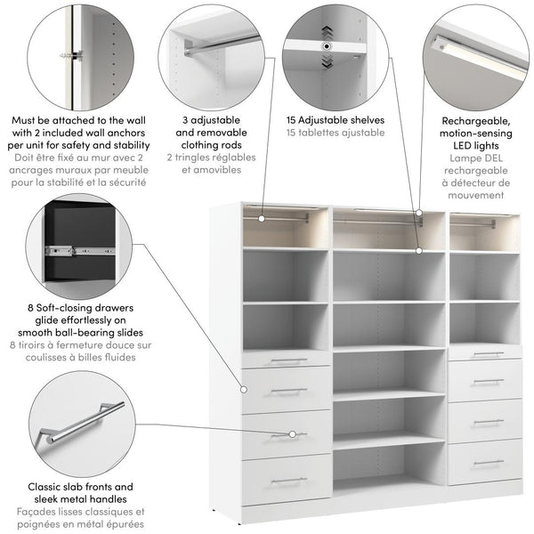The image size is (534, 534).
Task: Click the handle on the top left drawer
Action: [x=288, y=360]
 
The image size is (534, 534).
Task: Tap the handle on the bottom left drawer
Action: [x=288, y=481]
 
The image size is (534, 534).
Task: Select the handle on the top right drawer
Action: [x=488, y=354]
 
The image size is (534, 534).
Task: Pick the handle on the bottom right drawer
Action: [x=488, y=462]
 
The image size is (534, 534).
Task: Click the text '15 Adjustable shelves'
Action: [x=336, y=118]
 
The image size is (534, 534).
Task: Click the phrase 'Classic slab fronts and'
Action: [x=81, y=487]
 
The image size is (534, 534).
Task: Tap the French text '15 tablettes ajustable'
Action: [x=336, y=132]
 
